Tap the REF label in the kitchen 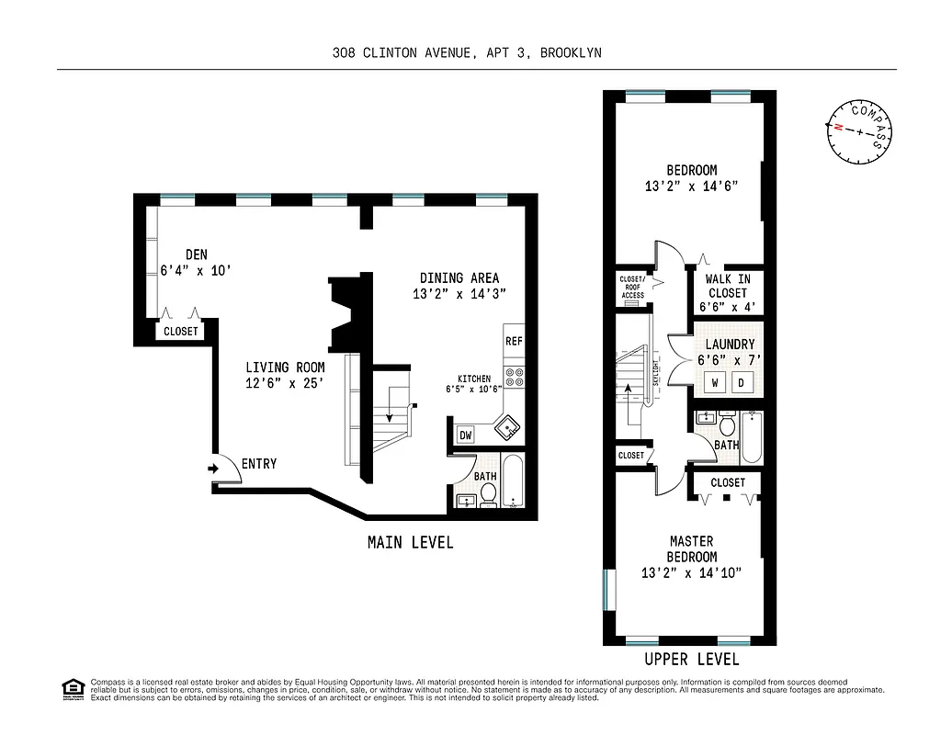(x=514, y=341)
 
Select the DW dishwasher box (x=464, y=435)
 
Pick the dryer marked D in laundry (x=743, y=381)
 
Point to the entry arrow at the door (x=213, y=469)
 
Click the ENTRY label (x=258, y=464)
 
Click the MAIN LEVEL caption (x=410, y=542)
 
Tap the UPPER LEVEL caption (x=691, y=660)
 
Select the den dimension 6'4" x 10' (x=187, y=271)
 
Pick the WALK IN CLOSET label (x=727, y=286)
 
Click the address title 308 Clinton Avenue (x=467, y=52)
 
